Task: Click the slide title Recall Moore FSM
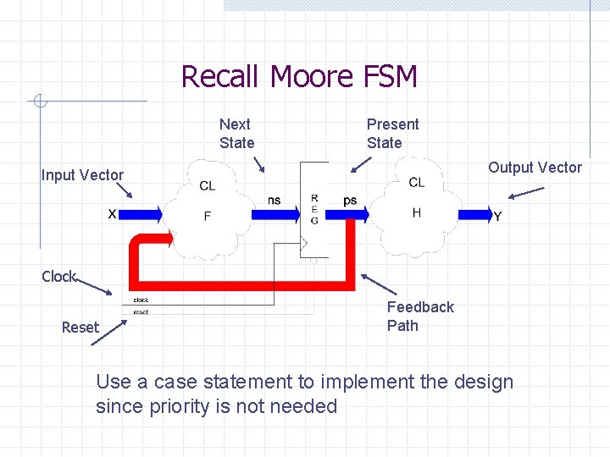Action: (299, 77)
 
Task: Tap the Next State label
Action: (236, 134)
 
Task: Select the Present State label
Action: (392, 134)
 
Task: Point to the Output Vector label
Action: (535, 168)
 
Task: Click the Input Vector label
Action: (82, 175)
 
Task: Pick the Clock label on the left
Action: (58, 277)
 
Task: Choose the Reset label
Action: (80, 328)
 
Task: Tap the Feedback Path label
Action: (420, 317)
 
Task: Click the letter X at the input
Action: (112, 214)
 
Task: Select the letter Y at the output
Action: (497, 217)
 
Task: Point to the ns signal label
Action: (274, 200)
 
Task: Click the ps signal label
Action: (350, 201)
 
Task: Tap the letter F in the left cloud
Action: (208, 217)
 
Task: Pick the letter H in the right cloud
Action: (416, 212)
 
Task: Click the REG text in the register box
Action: (314, 208)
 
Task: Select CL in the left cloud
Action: (208, 186)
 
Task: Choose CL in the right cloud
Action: (416, 182)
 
